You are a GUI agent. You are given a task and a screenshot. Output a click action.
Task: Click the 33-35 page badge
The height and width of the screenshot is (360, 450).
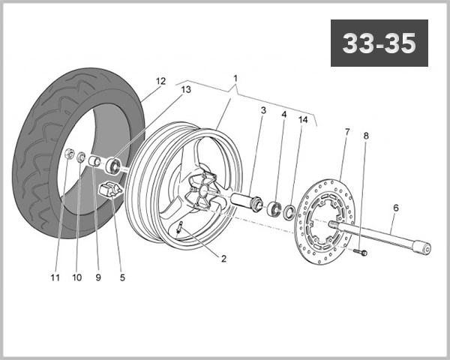click(x=379, y=43)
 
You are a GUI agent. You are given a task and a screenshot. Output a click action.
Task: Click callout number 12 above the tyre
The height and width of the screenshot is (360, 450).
click(x=160, y=80)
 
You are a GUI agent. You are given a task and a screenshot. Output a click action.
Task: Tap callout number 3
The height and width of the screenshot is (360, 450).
click(x=263, y=111)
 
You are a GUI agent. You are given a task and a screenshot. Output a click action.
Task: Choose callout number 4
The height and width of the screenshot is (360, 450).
click(x=284, y=115)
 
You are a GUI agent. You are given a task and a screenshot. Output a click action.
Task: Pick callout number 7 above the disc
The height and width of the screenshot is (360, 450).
click(x=346, y=133)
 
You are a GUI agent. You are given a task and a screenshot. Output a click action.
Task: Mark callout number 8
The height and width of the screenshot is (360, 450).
click(x=366, y=136)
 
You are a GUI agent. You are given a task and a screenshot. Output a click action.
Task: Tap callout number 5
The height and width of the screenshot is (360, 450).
click(x=122, y=277)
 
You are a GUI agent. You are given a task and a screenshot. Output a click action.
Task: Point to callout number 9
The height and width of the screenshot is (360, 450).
click(x=97, y=277)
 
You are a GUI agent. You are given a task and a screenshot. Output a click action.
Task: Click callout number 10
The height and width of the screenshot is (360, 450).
click(x=76, y=277)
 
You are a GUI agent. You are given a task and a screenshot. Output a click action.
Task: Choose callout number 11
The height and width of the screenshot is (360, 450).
click(x=54, y=277)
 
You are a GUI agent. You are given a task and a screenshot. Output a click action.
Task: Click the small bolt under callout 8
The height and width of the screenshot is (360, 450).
click(x=362, y=253)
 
